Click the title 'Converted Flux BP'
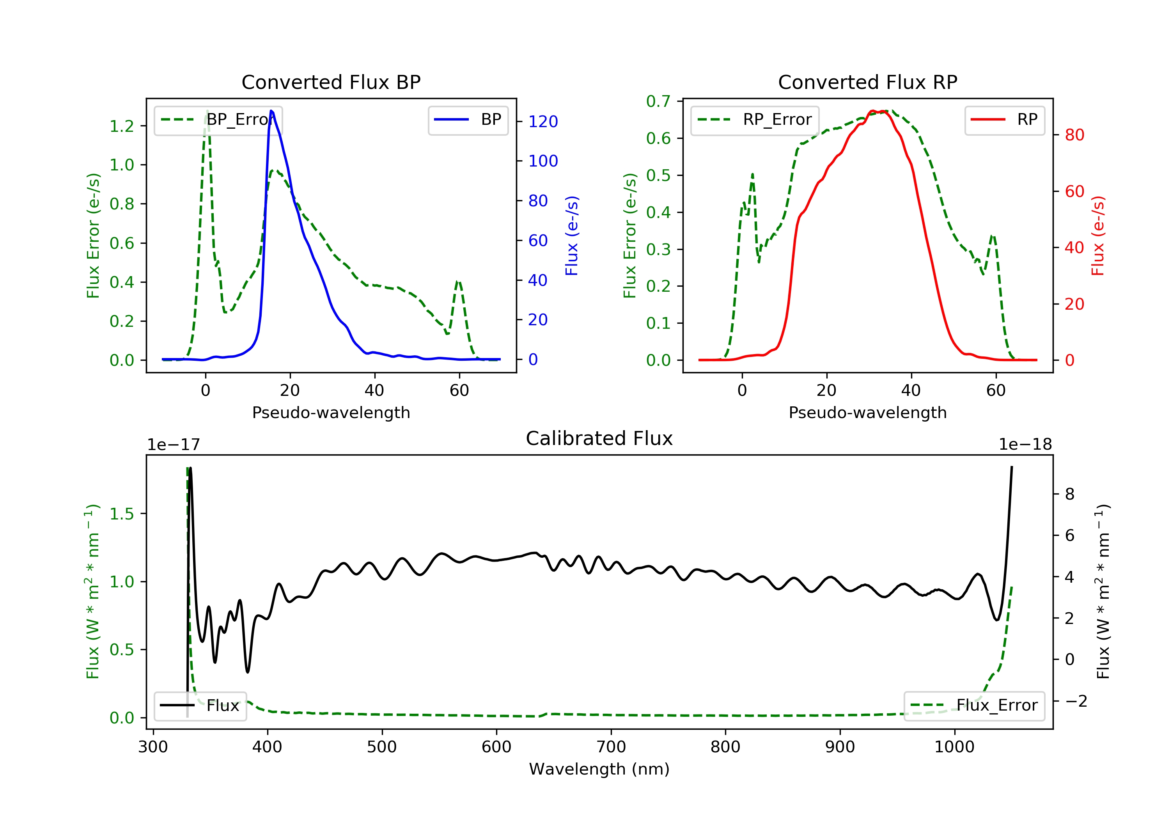(x=331, y=82)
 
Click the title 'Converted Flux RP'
(x=867, y=82)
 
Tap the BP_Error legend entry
(x=218, y=120)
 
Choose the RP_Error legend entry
(x=755, y=120)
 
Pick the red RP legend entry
(x=1004, y=120)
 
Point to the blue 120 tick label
(x=543, y=122)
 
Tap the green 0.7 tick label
(x=658, y=101)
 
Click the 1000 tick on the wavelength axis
(x=954, y=747)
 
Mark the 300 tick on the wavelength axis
(x=153, y=747)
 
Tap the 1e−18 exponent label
(x=1025, y=445)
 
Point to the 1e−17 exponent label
(x=173, y=445)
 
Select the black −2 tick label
(x=1076, y=701)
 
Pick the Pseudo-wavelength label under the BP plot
(x=331, y=412)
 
